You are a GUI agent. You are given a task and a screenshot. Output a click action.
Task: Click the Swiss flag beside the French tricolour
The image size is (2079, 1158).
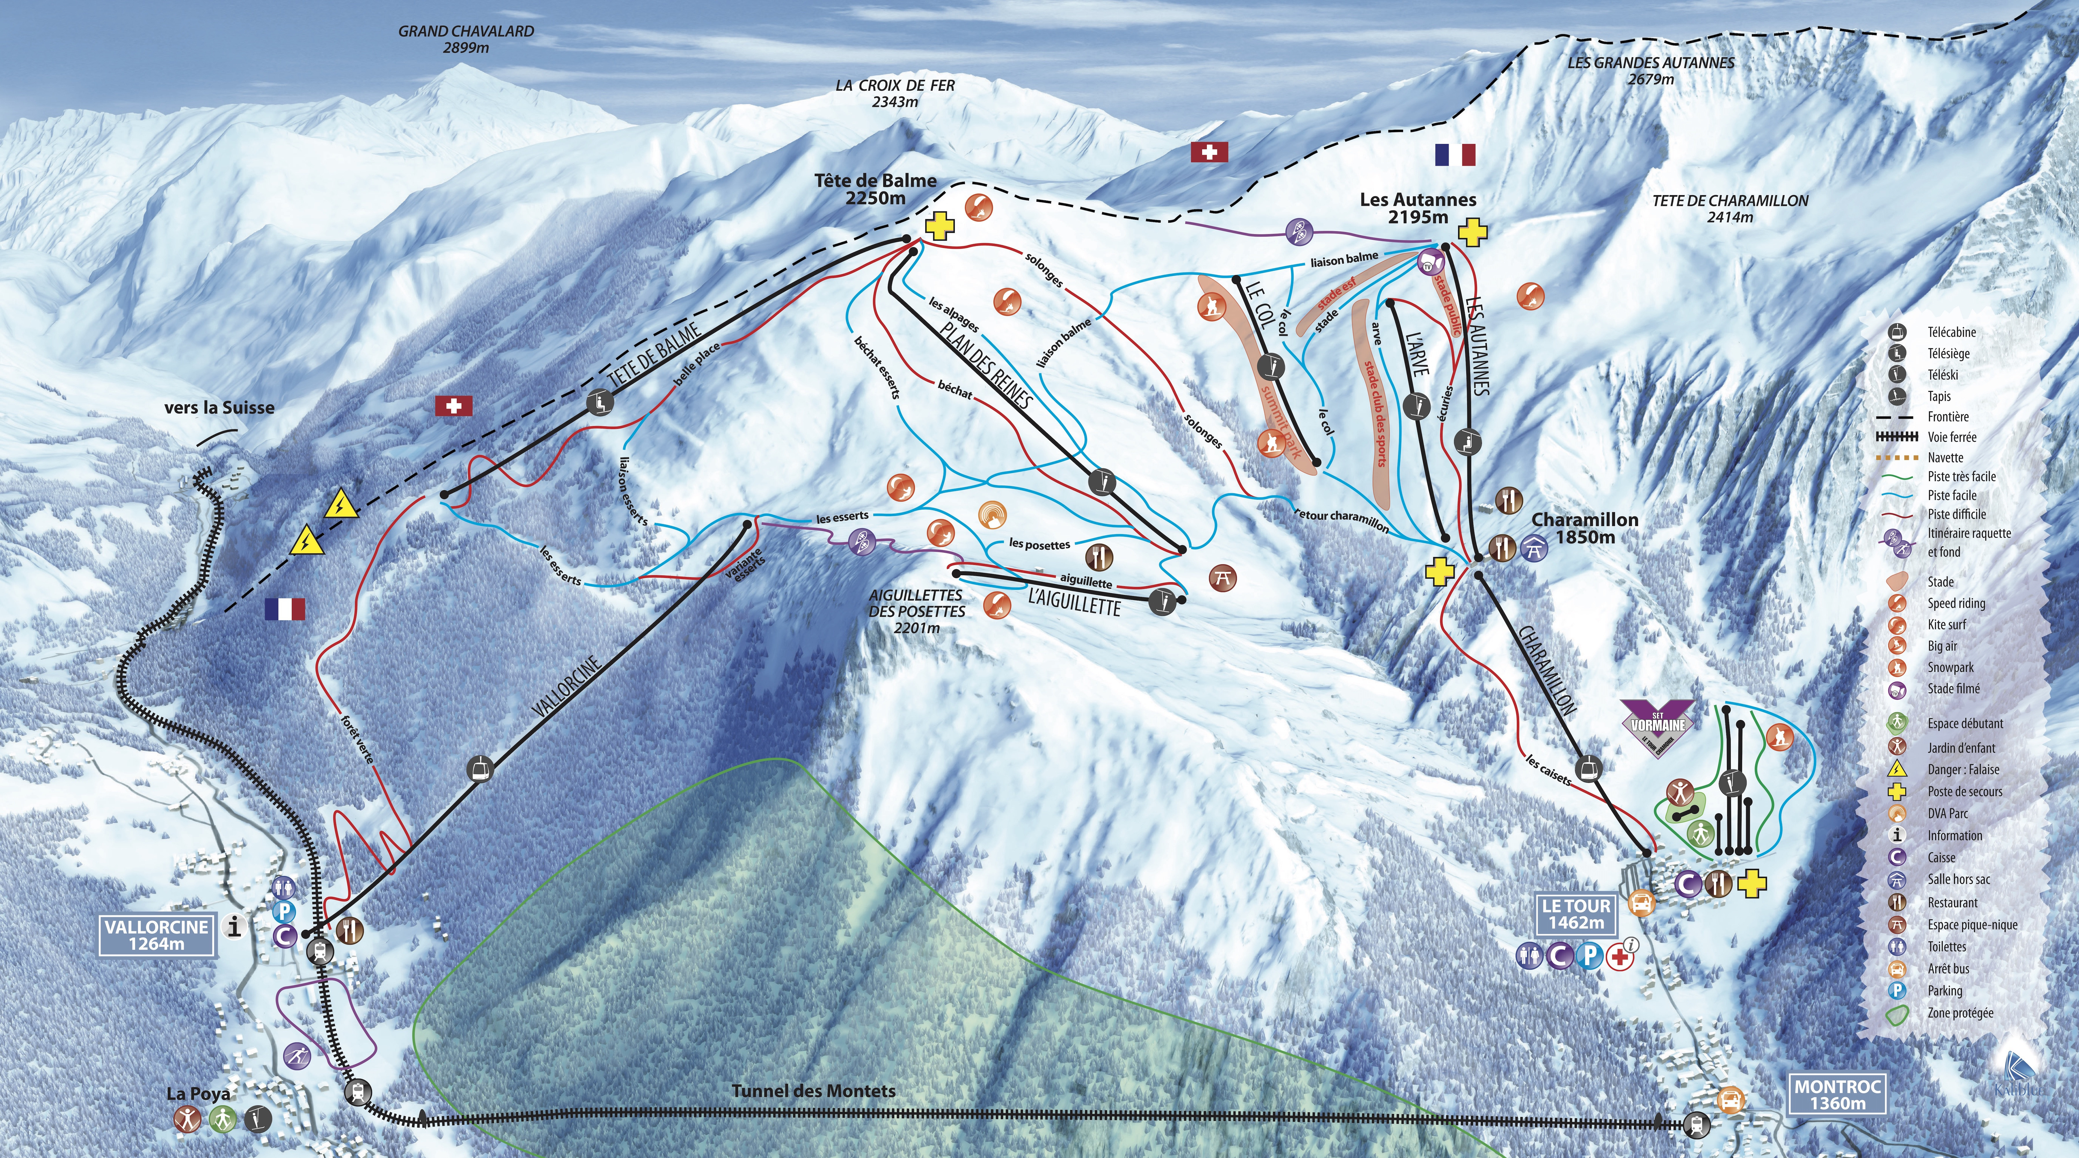tap(1209, 152)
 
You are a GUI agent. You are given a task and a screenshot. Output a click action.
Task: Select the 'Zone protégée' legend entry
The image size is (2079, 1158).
tap(1960, 1013)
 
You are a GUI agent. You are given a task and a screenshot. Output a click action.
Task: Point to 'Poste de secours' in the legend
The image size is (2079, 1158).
tap(1964, 791)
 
